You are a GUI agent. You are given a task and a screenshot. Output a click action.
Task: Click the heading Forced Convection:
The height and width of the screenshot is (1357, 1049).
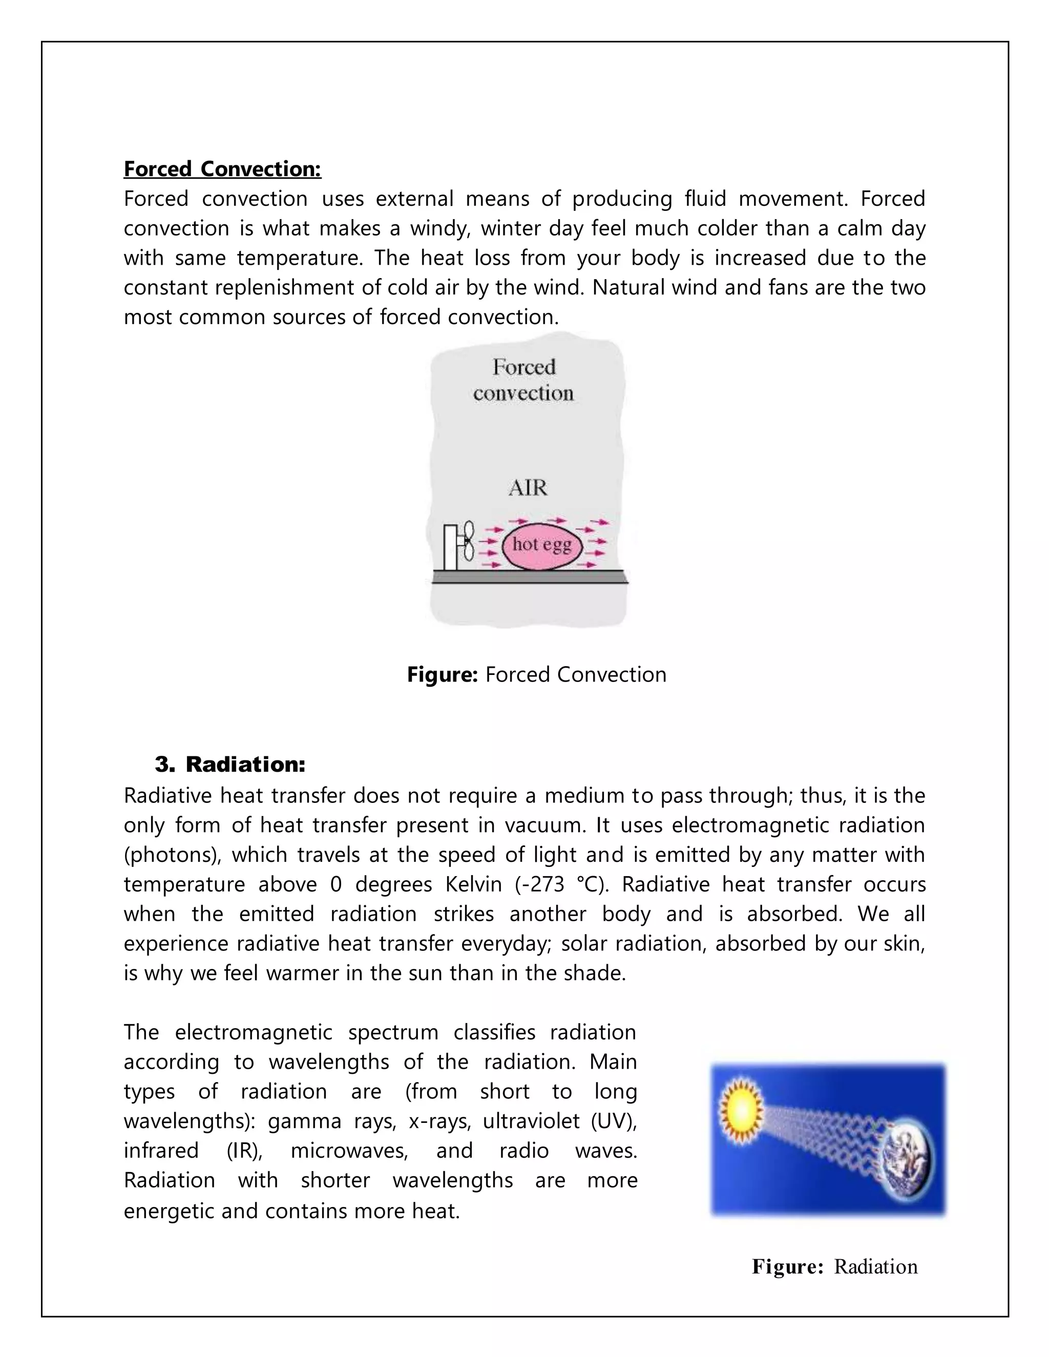[x=222, y=169]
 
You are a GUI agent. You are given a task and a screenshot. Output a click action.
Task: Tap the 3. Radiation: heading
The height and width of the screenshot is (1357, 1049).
[x=230, y=764]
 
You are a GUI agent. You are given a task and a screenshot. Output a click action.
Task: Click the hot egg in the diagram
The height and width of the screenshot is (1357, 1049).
[x=541, y=545]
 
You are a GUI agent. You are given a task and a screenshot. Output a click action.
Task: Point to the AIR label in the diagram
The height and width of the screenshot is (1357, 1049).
[x=528, y=487]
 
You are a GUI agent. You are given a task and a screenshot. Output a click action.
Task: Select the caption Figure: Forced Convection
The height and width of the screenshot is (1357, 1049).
[x=536, y=675]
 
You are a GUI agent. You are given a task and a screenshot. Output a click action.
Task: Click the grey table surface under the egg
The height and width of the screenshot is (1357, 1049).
[x=529, y=578]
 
